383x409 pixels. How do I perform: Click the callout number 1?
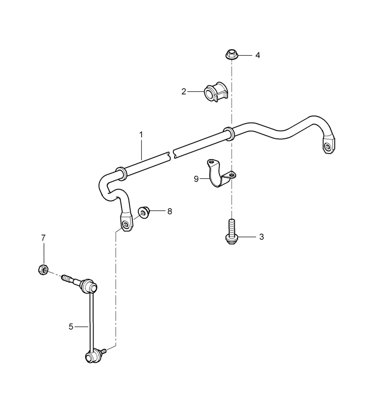click(141, 135)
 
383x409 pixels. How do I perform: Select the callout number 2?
click(184, 91)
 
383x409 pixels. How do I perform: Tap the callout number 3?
click(262, 237)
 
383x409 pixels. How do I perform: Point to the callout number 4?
click(258, 55)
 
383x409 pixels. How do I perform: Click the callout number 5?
click(71, 326)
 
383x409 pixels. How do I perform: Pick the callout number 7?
click(43, 238)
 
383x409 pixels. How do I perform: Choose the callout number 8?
click(170, 211)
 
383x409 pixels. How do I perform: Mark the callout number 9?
click(196, 179)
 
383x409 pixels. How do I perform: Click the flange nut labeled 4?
click(230, 54)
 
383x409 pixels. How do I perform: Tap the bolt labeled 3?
click(230, 232)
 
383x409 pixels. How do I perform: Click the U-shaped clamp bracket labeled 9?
click(220, 173)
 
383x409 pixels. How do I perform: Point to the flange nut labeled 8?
click(143, 212)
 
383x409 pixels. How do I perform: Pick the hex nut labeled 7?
click(43, 269)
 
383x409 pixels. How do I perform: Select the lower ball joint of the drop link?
click(92, 357)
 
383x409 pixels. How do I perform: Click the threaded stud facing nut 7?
click(68, 279)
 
